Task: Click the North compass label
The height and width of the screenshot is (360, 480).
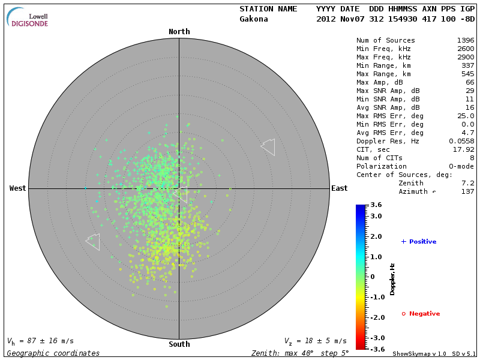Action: (179, 32)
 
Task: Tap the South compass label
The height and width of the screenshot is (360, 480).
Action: (179, 344)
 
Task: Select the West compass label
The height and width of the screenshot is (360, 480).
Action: (18, 188)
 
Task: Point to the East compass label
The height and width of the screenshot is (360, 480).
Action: (339, 188)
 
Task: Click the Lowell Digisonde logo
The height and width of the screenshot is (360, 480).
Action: (28, 18)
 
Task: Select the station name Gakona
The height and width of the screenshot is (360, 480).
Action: (254, 19)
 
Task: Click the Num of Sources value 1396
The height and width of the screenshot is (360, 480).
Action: (466, 41)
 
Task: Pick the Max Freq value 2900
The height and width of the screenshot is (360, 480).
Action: (466, 58)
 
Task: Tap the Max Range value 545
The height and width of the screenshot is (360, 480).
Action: (468, 74)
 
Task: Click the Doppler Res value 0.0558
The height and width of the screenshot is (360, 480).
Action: (461, 142)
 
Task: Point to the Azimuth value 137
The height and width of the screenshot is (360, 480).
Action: (468, 192)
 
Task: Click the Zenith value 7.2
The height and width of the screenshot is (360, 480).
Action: (468, 184)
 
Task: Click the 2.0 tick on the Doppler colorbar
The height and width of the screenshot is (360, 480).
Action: (376, 237)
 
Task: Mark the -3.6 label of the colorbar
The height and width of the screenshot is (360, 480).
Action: (376, 349)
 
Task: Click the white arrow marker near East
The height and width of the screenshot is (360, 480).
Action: (268, 146)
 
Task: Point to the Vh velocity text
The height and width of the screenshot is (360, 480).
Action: (40, 341)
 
